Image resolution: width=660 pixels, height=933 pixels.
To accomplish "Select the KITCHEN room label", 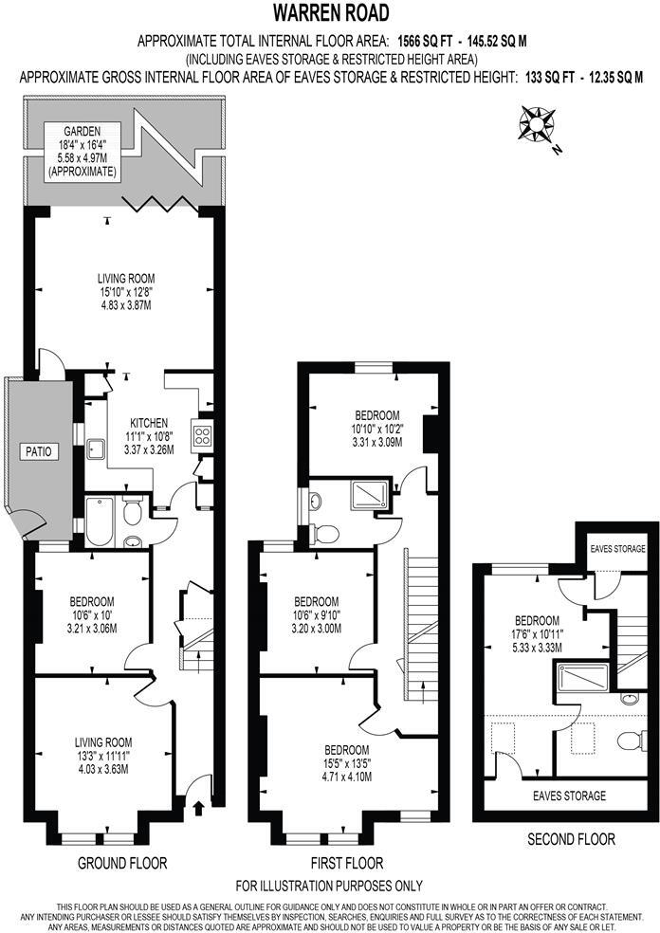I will click(x=149, y=423).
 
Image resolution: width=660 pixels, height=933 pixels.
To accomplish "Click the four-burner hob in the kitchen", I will click(x=202, y=434).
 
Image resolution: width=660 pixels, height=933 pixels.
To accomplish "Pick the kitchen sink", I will click(x=96, y=448).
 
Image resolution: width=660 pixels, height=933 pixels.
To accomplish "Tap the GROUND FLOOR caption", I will click(x=124, y=863).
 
